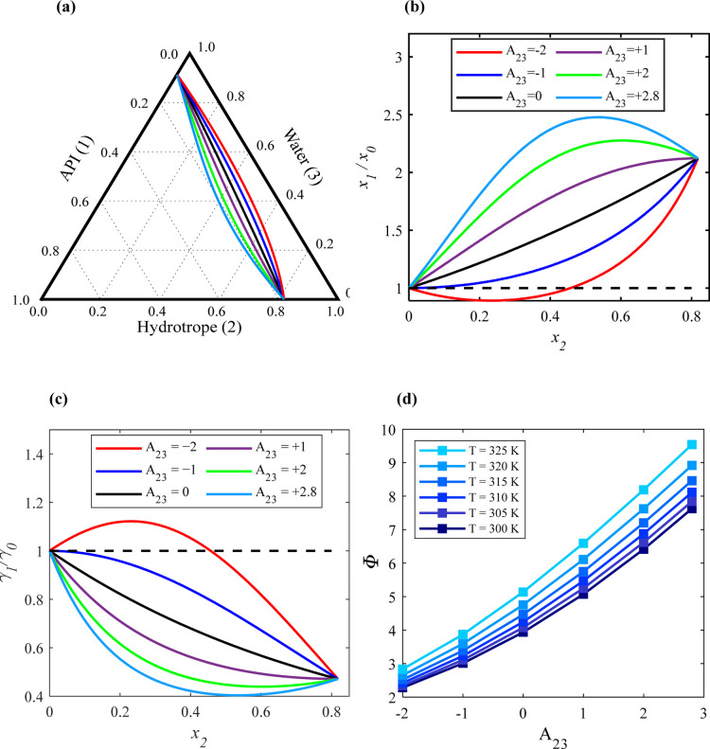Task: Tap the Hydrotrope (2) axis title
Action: (x=189, y=328)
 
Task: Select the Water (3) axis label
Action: (x=303, y=156)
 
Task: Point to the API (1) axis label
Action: (x=77, y=158)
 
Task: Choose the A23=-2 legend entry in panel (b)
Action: (x=502, y=51)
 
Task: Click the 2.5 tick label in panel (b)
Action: (x=393, y=116)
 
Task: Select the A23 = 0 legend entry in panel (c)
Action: (x=142, y=493)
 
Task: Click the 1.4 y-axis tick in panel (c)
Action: (x=33, y=454)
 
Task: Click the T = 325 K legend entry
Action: (x=469, y=451)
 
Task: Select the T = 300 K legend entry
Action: (x=469, y=528)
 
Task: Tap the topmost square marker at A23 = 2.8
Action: (x=691, y=445)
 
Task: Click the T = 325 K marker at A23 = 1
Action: (x=583, y=544)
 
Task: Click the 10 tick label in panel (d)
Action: (x=389, y=431)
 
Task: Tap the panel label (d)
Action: (x=407, y=400)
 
